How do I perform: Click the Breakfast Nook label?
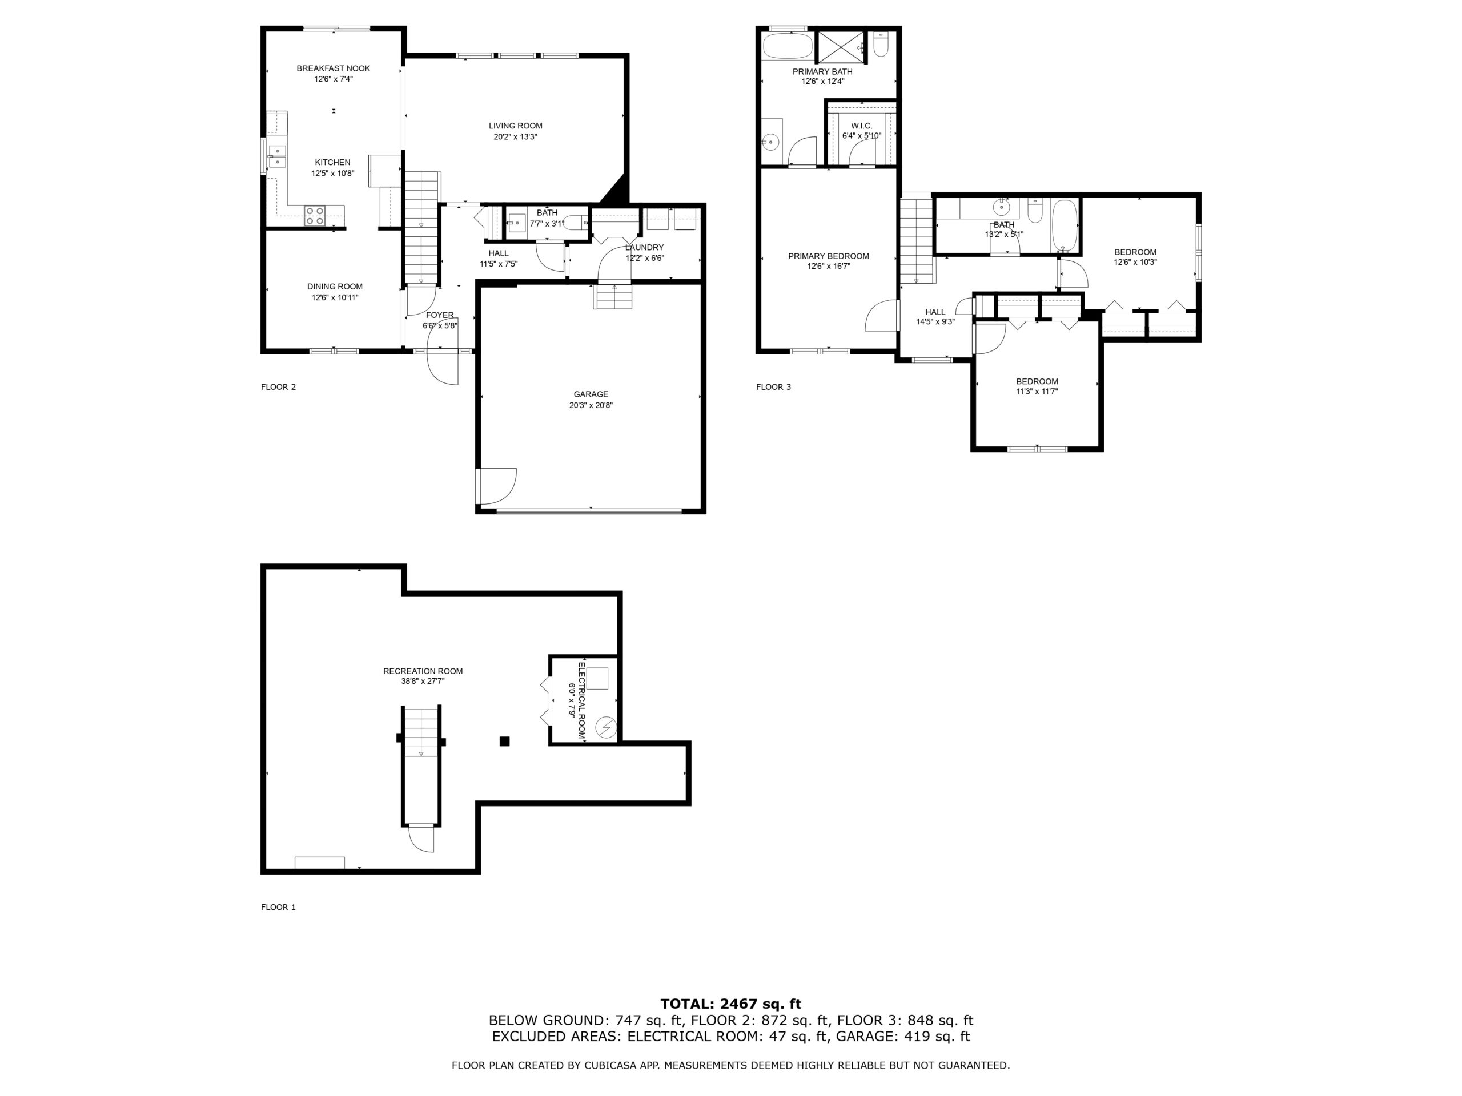coord(333,68)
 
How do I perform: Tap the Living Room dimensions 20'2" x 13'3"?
coord(516,138)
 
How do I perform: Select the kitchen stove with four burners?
coord(315,215)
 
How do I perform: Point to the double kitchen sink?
coord(278,156)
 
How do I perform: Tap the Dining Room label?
coord(335,287)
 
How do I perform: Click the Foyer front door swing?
coord(443,357)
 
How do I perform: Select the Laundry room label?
coord(644,248)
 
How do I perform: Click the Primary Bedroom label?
coord(829,256)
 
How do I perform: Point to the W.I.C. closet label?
coord(862,126)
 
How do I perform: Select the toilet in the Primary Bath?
coord(881,45)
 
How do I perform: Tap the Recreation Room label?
coord(423,671)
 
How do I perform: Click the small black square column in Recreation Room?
coord(504,742)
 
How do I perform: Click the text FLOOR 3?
coord(773,387)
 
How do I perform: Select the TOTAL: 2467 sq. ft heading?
coord(731,1004)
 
